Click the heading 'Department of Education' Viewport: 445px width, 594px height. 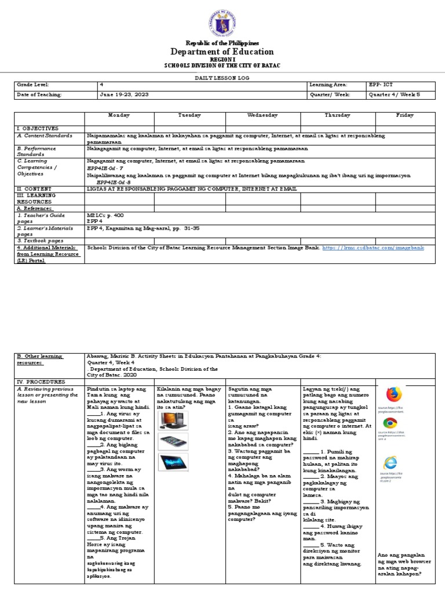click(x=222, y=52)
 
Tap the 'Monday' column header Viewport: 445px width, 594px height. click(x=119, y=115)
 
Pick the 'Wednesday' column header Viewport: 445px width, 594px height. click(x=262, y=115)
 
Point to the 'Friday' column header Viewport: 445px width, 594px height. click(x=404, y=115)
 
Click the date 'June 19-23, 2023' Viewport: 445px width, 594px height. click(x=123, y=95)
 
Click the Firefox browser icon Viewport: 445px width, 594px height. click(x=394, y=394)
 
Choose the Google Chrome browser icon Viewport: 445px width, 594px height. click(x=390, y=423)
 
